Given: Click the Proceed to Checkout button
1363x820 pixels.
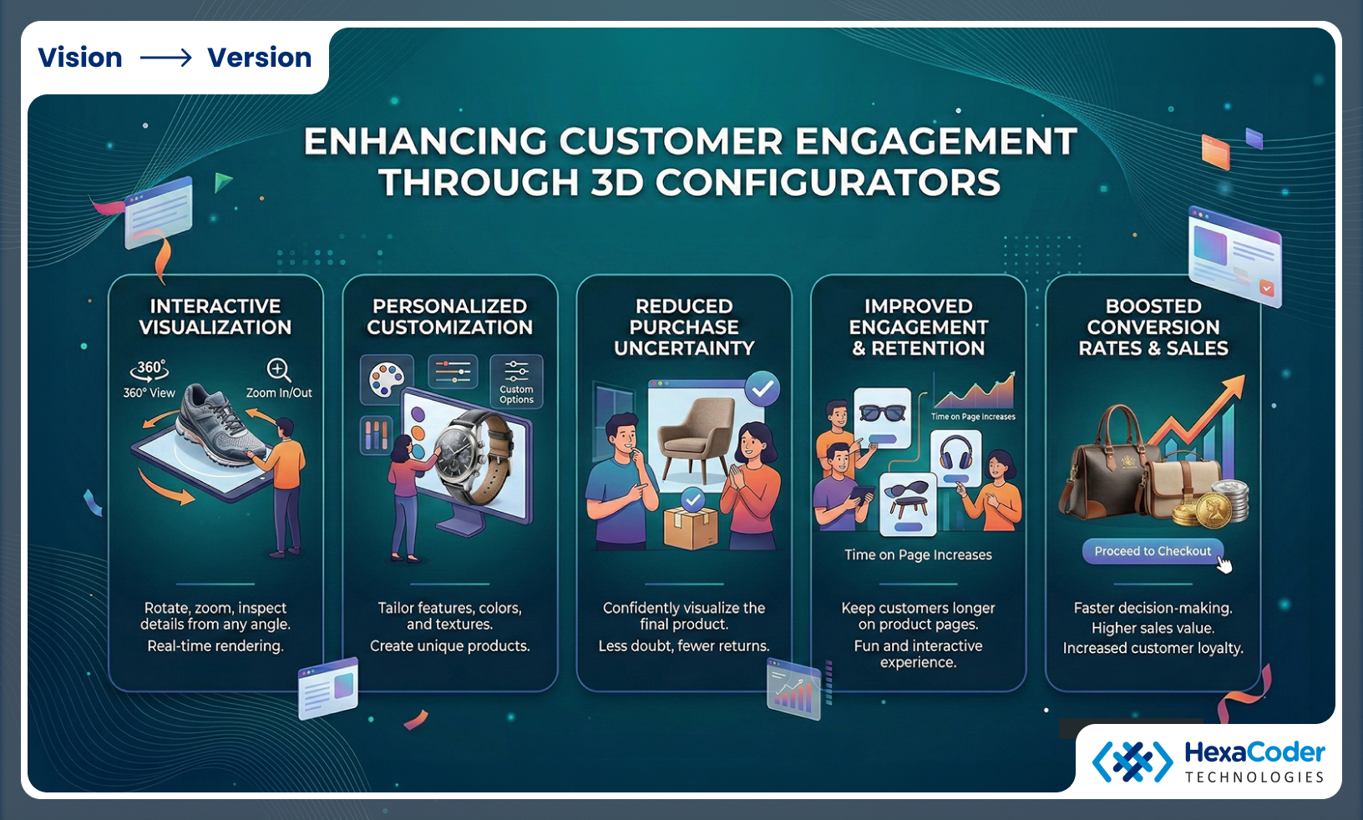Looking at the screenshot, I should click(1153, 551).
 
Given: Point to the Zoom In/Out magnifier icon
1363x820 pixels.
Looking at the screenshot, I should click(278, 370).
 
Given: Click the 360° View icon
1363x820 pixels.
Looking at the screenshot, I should click(149, 370).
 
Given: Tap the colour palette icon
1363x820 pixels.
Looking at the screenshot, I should click(386, 380).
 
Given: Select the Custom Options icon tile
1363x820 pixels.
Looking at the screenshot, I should click(516, 382).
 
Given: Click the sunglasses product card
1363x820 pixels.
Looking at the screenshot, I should click(882, 417).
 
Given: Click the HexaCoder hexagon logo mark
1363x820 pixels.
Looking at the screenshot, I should click(1132, 762).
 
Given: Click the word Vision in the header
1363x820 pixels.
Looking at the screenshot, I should click(80, 58).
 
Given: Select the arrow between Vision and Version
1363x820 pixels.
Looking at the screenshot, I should click(165, 58).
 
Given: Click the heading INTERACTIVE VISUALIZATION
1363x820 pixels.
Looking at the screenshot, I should click(215, 316).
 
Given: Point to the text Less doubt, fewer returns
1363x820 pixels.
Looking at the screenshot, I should click(683, 645).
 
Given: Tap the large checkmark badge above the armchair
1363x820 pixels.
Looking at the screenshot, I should click(762, 388).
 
